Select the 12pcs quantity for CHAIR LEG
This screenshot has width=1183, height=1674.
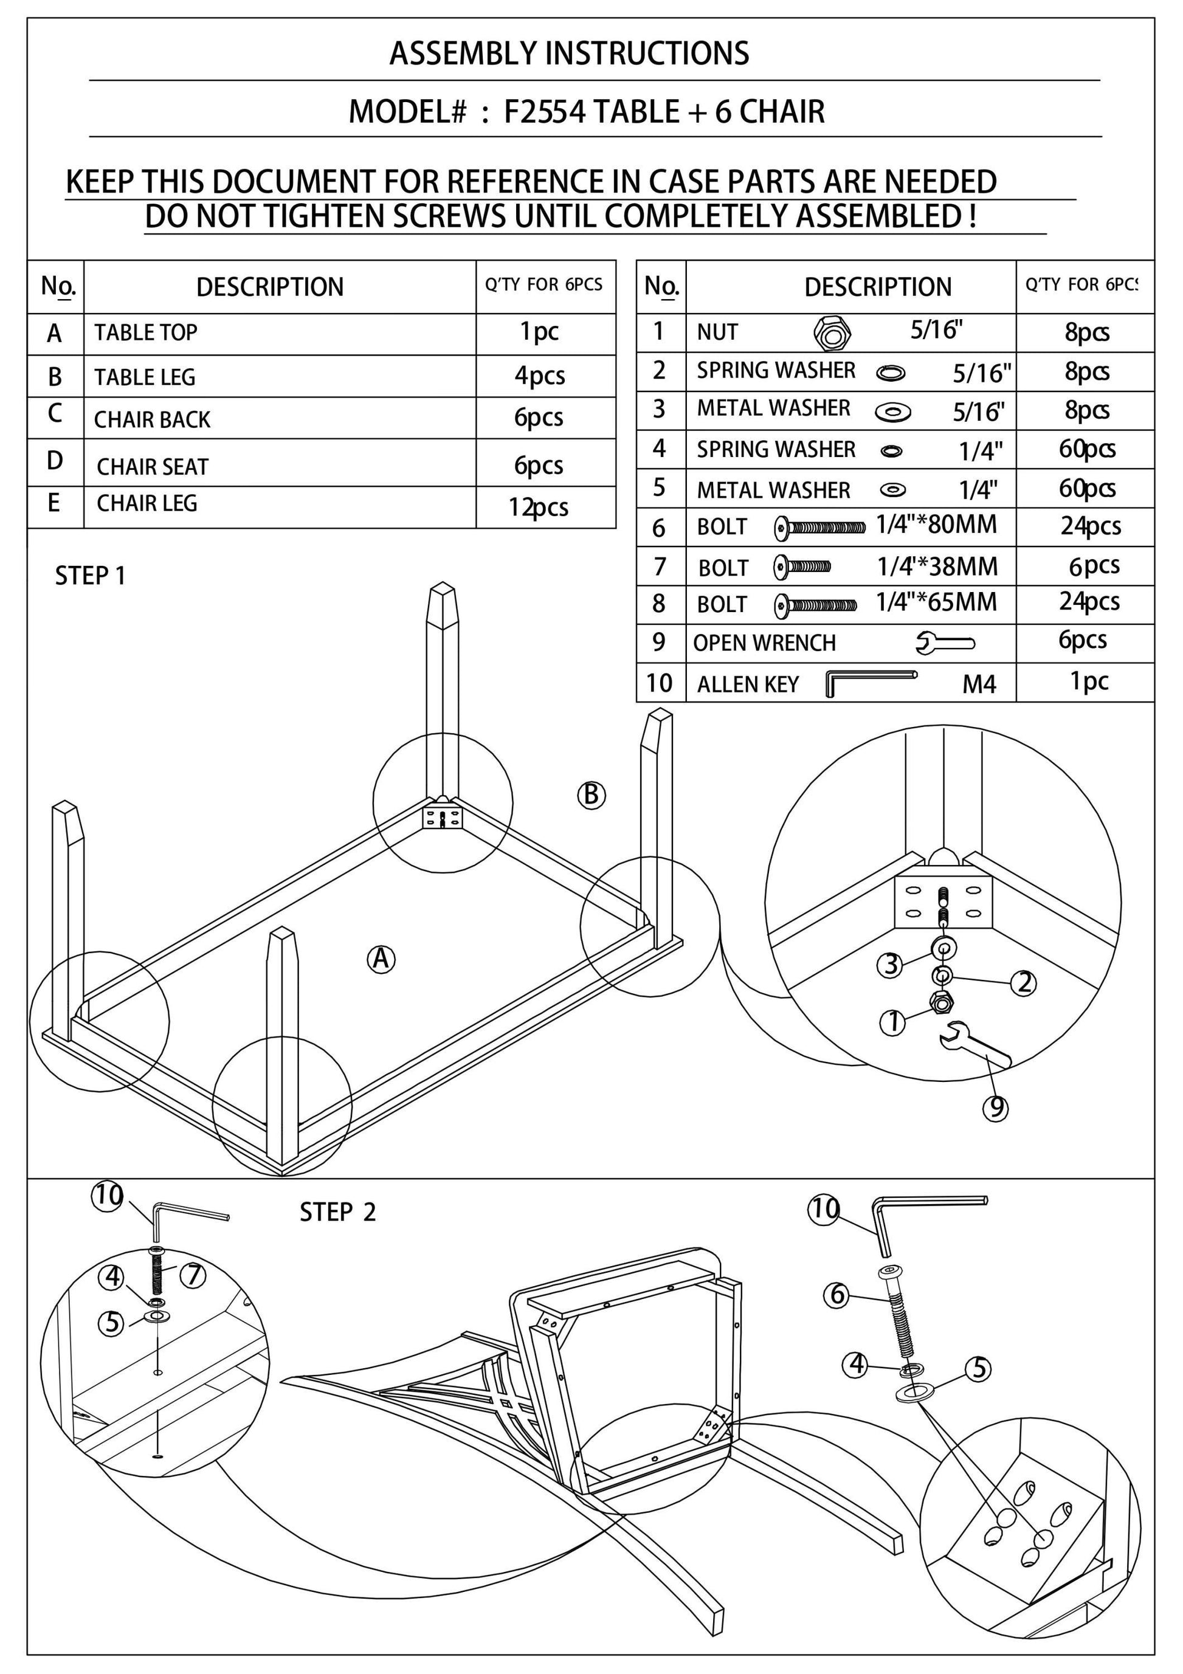pos(538,508)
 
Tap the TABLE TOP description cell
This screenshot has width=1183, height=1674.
pos(146,332)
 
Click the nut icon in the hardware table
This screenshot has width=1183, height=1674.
pos(832,333)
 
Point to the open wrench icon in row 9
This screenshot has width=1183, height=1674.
pos(945,642)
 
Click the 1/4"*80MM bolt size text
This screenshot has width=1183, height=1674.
pos(936,525)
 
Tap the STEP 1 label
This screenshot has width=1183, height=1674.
pos(91,576)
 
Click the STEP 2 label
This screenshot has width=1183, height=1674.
pos(337,1213)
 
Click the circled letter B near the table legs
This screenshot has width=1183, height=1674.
pos(591,794)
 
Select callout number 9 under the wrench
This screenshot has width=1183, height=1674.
pos(995,1108)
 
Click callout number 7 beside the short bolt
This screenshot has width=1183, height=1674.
pos(193,1275)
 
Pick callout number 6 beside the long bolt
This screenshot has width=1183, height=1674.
pos(836,1294)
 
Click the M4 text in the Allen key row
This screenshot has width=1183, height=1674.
pos(979,684)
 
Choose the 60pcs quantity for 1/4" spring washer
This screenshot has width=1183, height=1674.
pos(1087,449)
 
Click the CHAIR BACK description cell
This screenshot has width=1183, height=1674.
pos(152,420)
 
